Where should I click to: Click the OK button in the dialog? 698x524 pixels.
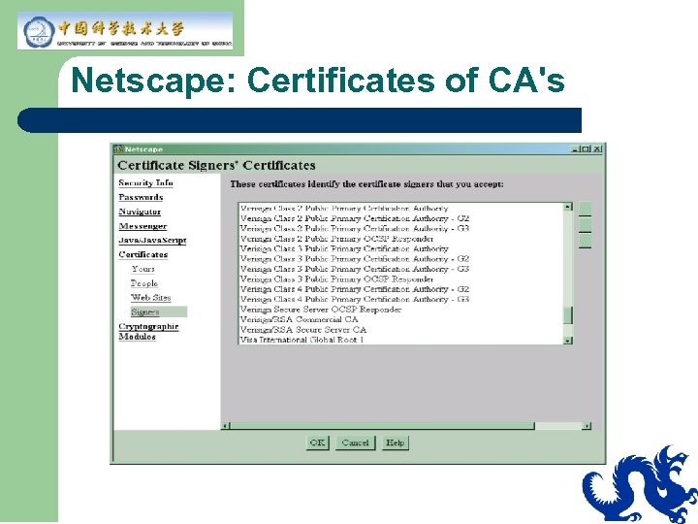pos(317,442)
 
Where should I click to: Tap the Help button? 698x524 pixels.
pos(395,442)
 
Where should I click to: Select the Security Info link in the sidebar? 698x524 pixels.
pos(145,182)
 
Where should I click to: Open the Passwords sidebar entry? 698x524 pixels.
pos(141,197)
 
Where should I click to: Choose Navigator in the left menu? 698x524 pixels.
pos(140,212)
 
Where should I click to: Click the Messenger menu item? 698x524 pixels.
pos(143,226)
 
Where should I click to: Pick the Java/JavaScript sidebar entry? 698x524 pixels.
pos(152,240)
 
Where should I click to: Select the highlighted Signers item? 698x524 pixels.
pos(145,312)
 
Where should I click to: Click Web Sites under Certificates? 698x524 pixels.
pos(150,298)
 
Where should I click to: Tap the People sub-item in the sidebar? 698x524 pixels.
pos(144,283)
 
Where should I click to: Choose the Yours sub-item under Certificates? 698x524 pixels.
pos(143,269)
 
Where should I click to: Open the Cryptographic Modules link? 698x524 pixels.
pos(148,331)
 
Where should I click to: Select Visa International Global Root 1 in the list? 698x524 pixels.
pos(302,340)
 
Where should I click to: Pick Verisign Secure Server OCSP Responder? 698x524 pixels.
pos(321,310)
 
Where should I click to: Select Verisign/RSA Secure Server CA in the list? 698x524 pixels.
pos(303,330)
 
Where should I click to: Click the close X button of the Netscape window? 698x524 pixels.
pos(598,148)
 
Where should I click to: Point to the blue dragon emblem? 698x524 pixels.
pos(641,484)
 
